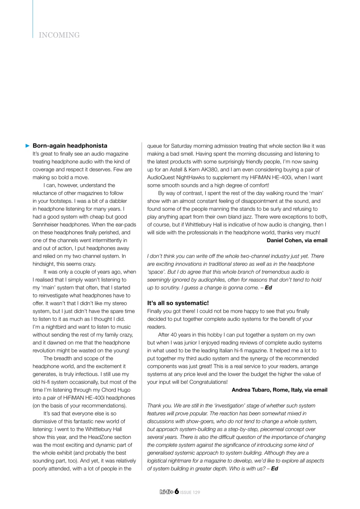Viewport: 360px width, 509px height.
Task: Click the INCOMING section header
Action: coord(59,35)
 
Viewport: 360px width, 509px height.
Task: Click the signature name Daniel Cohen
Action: coord(286,240)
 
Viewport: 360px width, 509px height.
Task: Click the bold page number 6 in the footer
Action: coord(176,492)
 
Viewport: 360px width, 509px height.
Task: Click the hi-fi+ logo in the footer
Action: coord(166,492)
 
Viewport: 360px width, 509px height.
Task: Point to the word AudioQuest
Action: coord(161,177)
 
